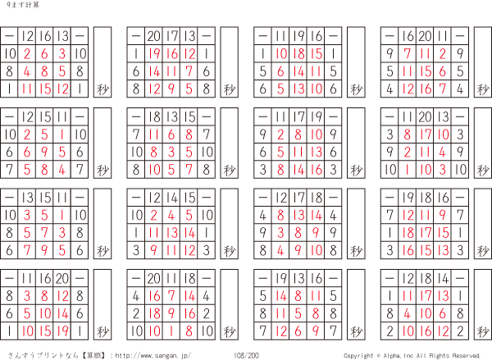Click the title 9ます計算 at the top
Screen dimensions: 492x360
point(23,5)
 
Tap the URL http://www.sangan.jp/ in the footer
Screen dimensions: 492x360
point(153,356)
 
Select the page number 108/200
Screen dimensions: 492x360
point(246,356)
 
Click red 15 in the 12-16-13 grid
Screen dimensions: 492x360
point(44,89)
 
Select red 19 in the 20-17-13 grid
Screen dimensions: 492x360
point(154,54)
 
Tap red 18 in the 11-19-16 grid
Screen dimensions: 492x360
point(298,54)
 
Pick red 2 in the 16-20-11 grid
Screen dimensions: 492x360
point(443,54)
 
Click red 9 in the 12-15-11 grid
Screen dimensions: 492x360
point(44,153)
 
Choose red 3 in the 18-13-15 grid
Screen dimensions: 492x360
point(171,153)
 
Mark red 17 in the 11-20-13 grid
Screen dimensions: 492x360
point(425,134)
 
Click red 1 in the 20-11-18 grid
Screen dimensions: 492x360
point(171,331)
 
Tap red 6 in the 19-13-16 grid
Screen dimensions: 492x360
point(298,331)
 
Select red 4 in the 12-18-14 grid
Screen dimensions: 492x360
point(408,313)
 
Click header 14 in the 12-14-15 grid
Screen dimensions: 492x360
point(171,198)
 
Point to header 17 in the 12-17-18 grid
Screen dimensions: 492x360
point(298,198)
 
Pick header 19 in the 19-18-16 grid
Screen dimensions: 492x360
point(408,198)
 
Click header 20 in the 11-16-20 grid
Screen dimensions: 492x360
point(62,278)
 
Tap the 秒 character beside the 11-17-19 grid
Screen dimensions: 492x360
point(356,171)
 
